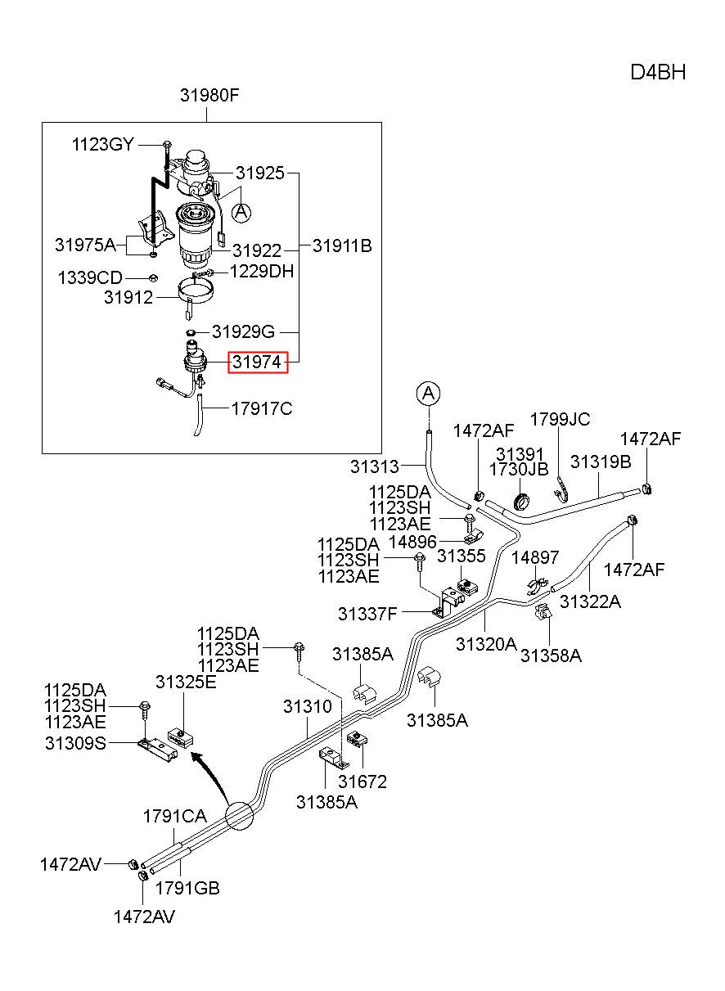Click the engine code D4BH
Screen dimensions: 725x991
658,73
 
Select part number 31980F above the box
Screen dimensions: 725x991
209,95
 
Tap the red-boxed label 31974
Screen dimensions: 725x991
258,363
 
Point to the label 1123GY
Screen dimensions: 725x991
102,145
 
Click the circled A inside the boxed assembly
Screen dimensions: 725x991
241,213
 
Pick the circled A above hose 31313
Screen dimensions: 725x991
428,393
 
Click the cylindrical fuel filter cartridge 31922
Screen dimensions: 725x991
196,236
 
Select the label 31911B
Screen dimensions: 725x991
342,245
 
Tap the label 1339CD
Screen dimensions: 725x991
90,278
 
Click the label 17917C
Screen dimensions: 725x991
262,409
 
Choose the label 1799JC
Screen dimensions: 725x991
560,419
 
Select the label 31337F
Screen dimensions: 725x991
367,614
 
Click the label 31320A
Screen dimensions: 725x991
486,644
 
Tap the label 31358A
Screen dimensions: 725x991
551,655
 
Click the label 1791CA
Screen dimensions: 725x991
175,816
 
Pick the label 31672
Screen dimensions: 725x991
362,782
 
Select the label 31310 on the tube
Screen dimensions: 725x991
308,706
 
